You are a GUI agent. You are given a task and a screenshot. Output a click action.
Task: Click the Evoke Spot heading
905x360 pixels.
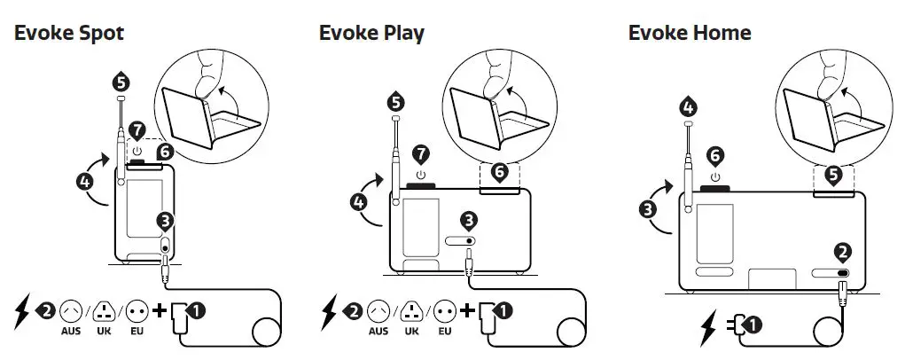(68, 34)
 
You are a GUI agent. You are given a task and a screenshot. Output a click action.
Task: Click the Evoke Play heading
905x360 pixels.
(371, 34)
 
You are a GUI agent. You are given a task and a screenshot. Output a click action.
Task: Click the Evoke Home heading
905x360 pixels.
(690, 34)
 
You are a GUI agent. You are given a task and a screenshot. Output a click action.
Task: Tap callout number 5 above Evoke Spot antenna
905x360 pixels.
(121, 82)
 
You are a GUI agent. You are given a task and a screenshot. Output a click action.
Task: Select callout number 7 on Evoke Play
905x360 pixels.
(421, 153)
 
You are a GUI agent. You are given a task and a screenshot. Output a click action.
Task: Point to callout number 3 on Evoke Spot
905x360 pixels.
(165, 219)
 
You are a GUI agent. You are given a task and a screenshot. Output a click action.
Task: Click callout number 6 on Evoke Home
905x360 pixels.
(714, 154)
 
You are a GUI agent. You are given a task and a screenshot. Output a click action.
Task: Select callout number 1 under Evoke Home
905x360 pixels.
(753, 325)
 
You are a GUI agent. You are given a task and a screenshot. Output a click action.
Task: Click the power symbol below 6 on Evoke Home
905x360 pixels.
(714, 174)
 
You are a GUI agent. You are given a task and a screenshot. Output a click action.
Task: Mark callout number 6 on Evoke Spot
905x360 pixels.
(163, 153)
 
